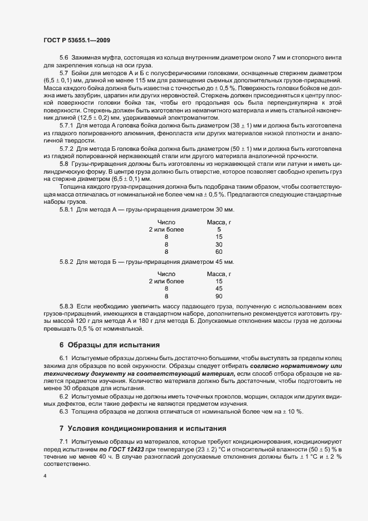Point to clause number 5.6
point(63,58)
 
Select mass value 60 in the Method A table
point(219,252)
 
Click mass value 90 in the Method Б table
point(219,297)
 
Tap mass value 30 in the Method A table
point(219,244)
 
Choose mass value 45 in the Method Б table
point(219,289)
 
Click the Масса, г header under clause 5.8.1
point(219,222)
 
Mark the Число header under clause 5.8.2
point(166,274)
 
